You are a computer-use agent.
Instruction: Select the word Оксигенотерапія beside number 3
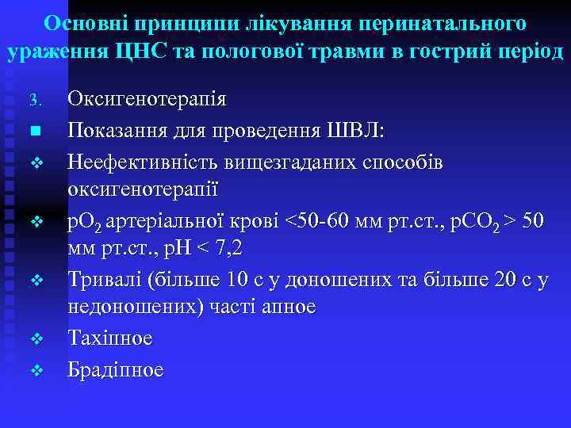tap(147, 100)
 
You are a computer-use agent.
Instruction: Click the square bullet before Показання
tap(34, 130)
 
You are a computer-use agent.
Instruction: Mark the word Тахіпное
tap(111, 338)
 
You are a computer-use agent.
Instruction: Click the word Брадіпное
tap(116, 369)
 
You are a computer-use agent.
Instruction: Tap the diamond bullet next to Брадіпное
tap(35, 369)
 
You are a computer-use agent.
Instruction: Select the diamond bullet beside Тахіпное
tap(35, 339)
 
